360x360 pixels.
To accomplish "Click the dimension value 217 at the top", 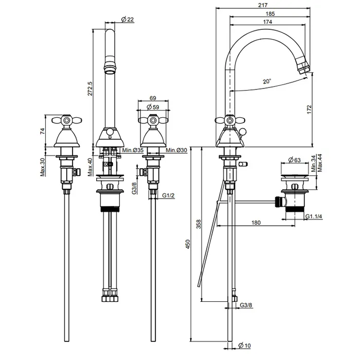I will point(263,5).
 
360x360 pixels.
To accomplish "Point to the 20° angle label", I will point(266,81).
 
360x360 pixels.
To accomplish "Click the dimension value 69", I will point(153,97).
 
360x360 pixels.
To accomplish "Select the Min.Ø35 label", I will point(133,150).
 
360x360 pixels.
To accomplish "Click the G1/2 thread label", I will point(168,196).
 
